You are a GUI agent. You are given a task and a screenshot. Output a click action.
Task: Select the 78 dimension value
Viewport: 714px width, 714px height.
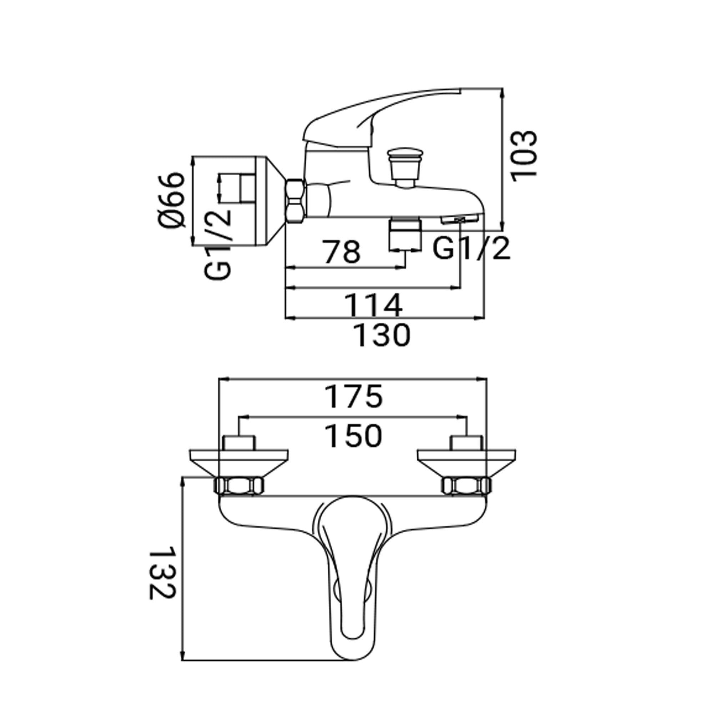pyautogui.click(x=342, y=252)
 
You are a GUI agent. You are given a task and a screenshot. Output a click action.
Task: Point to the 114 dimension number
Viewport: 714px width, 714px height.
pyautogui.click(x=373, y=305)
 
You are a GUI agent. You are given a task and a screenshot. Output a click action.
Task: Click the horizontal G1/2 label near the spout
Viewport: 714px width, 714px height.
pyautogui.click(x=471, y=249)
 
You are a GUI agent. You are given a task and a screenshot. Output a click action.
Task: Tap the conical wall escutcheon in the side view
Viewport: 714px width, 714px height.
pyautogui.click(x=240, y=201)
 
